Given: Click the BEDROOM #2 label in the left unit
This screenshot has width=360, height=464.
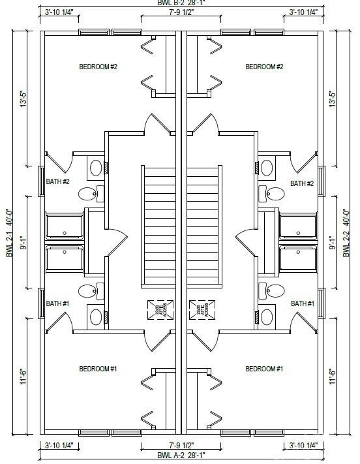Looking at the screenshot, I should pyautogui.click(x=98, y=67).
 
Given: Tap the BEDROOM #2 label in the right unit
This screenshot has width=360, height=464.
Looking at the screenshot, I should pyautogui.click(x=264, y=67).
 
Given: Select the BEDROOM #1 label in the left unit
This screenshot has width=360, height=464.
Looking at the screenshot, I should pyautogui.click(x=98, y=369).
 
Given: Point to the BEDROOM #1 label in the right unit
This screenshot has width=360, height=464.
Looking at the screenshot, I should pyautogui.click(x=264, y=369).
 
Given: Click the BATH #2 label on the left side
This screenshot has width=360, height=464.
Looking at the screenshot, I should pyautogui.click(x=57, y=182).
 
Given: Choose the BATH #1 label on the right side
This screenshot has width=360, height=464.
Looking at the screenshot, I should pyautogui.click(x=303, y=303).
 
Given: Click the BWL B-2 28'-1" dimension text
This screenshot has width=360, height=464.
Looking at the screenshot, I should pyautogui.click(x=181, y=3).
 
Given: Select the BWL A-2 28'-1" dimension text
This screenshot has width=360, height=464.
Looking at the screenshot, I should pyautogui.click(x=181, y=455).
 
